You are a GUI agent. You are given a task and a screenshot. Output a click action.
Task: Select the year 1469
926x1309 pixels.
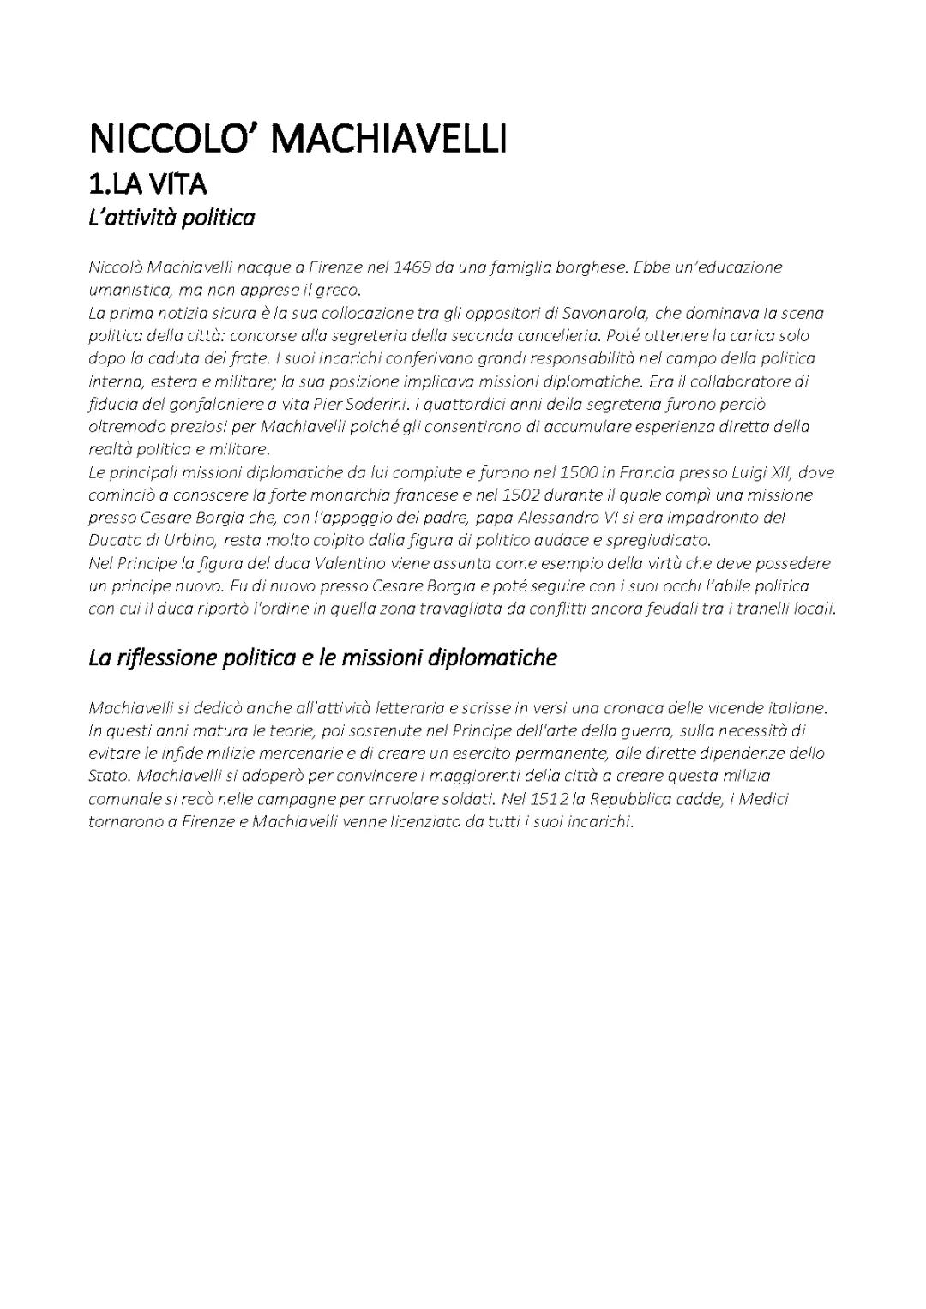point(412,267)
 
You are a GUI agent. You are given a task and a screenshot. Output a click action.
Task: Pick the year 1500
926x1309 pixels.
point(579,472)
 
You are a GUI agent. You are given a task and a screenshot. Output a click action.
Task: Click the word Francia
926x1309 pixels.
point(646,472)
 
